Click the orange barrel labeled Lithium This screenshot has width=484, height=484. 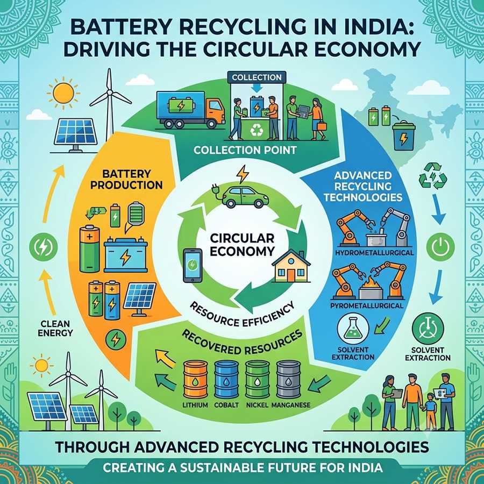tap(195, 380)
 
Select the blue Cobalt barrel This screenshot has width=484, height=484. tap(226, 380)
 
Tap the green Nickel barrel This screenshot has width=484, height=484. tap(258, 380)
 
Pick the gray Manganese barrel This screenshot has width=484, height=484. tap(289, 380)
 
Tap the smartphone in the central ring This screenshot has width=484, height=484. tap(193, 266)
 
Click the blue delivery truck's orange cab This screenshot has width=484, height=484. tap(214, 112)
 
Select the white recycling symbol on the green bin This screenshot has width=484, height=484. tap(257, 130)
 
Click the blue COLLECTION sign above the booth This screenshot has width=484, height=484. tap(257, 77)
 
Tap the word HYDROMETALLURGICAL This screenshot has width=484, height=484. tap(374, 253)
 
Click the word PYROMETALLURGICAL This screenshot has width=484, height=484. tap(367, 305)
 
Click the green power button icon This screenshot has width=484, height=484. tap(440, 247)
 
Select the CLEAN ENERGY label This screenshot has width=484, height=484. tap(55, 329)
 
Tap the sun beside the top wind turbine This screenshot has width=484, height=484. tap(63, 92)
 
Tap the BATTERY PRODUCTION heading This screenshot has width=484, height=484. tap(126, 179)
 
